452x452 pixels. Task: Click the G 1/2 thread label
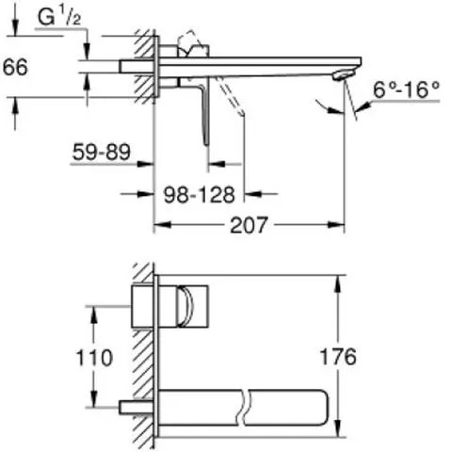click(x=52, y=18)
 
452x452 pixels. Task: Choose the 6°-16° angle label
click(x=407, y=90)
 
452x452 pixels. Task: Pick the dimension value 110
click(x=93, y=358)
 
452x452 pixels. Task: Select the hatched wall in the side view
click(x=144, y=66)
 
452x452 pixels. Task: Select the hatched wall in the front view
click(x=144, y=358)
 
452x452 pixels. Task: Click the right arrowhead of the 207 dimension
click(x=341, y=225)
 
